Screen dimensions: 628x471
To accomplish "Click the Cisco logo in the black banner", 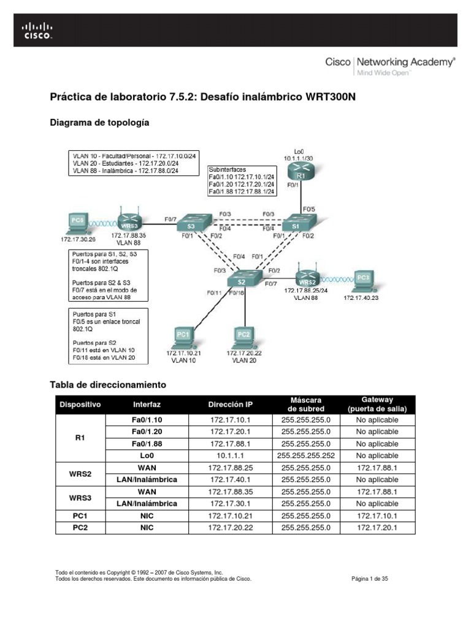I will click(x=37, y=30).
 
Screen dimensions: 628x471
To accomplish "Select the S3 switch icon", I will click(x=186, y=224).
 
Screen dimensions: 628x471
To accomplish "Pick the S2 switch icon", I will click(x=241, y=280).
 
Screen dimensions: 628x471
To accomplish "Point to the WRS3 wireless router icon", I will click(x=129, y=221).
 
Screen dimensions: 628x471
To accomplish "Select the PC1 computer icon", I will click(x=183, y=336).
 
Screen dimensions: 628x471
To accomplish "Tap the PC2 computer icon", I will click(x=243, y=336).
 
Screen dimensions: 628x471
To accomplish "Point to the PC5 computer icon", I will click(x=76, y=222).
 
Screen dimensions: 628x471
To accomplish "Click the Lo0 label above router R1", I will click(x=299, y=150).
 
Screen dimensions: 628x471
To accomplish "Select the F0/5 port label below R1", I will click(x=308, y=209).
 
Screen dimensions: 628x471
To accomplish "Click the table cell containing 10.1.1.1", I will click(x=230, y=456).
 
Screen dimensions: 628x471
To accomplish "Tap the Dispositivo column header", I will click(x=80, y=405).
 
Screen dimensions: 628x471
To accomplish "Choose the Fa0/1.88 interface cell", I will click(x=147, y=443).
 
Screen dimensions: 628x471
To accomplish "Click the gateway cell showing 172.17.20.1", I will click(x=377, y=527).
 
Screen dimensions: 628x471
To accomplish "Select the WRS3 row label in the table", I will click(x=80, y=497).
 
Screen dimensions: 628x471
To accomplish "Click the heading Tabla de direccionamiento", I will click(x=107, y=385).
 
